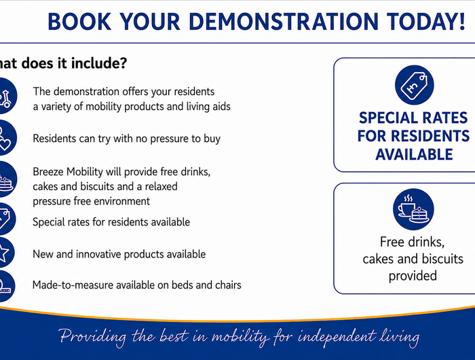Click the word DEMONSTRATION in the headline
tap(284, 22)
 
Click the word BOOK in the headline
tap(79, 22)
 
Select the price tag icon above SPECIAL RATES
tap(414, 85)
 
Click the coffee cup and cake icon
tap(413, 209)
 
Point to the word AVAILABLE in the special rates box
tap(414, 154)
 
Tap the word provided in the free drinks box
tap(413, 276)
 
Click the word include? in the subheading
tap(99, 63)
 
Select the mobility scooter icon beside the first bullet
tap(5, 96)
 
